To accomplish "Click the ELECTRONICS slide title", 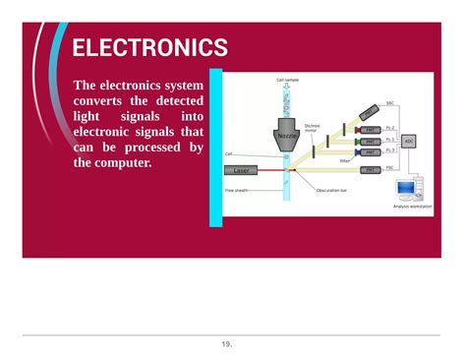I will pos(149,48).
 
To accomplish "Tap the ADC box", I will pos(409,141).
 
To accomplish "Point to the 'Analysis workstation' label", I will pos(412,207).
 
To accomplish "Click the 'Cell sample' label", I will pos(287,80).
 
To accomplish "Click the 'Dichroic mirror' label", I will pos(314,128).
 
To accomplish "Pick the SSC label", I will pos(390,102).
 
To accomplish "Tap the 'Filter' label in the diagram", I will pos(345,160).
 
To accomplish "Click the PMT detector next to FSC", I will pos(369,169).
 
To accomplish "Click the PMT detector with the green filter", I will pos(370,141).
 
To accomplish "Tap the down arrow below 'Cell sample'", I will pos(287,89).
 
